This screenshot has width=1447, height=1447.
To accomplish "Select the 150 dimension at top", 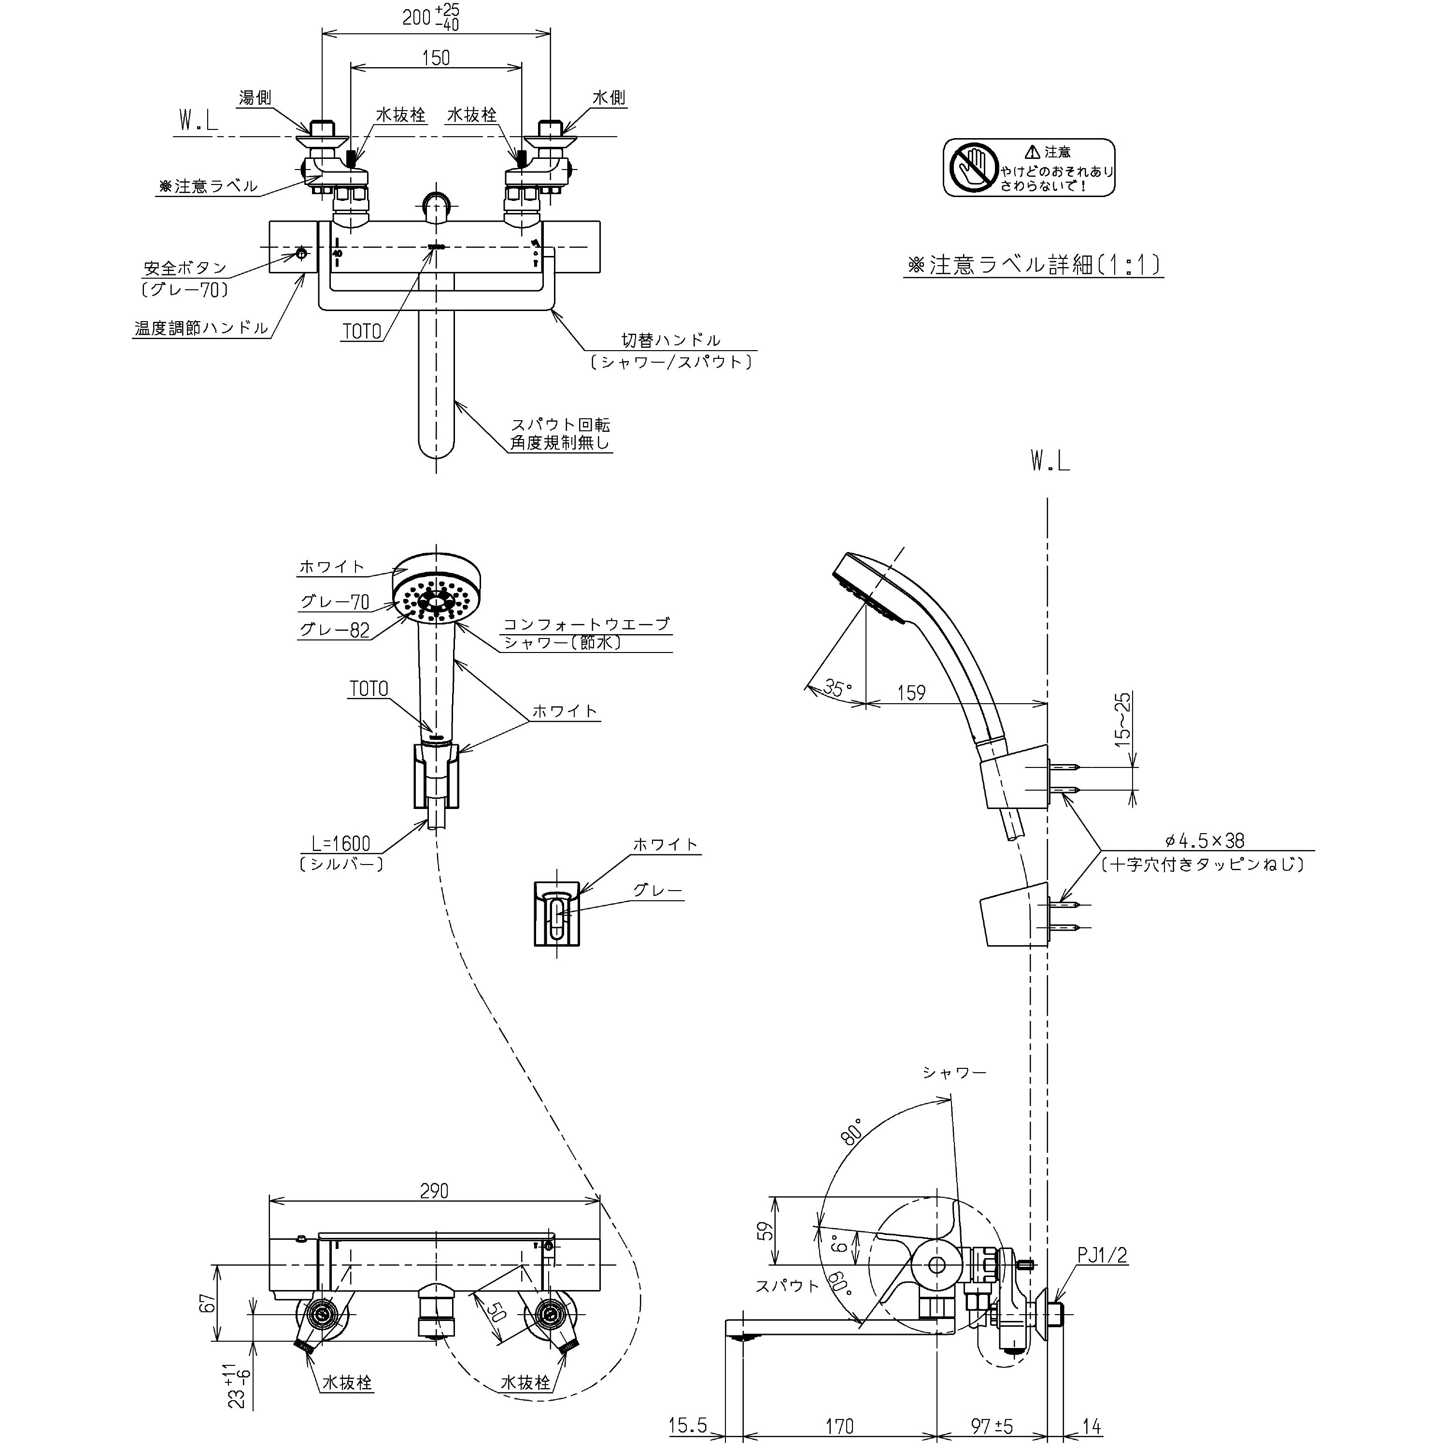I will pyautogui.click(x=436, y=57).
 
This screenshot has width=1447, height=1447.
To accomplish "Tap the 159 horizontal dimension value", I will pyautogui.click(x=911, y=693).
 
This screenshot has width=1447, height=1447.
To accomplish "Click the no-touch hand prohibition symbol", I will pyautogui.click(x=974, y=167).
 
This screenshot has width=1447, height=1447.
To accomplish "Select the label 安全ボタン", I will pyautogui.click(x=185, y=268).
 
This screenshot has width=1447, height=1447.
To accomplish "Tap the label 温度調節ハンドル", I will pyautogui.click(x=201, y=328).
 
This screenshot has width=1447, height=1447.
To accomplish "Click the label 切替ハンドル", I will pyautogui.click(x=671, y=341).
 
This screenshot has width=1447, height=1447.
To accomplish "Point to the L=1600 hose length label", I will pyautogui.click(x=341, y=843).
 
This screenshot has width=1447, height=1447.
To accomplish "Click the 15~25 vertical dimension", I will pyautogui.click(x=1123, y=718).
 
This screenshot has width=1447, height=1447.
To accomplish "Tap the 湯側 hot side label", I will pyautogui.click(x=255, y=98).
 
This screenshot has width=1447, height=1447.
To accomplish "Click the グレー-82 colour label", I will pyautogui.click(x=334, y=630).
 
